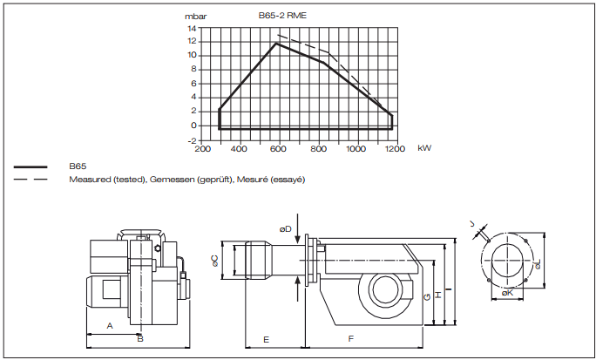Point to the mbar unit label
pos(196,16)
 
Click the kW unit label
pos(424,148)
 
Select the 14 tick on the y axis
pos(192,28)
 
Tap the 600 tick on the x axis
pos(279,148)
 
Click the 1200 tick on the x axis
pos(394,148)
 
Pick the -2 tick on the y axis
pos(191,139)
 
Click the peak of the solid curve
pos(277,43)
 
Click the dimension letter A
pos(109,324)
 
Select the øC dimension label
pos(216,260)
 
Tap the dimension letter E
pos(266,337)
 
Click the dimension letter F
pos(350,337)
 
